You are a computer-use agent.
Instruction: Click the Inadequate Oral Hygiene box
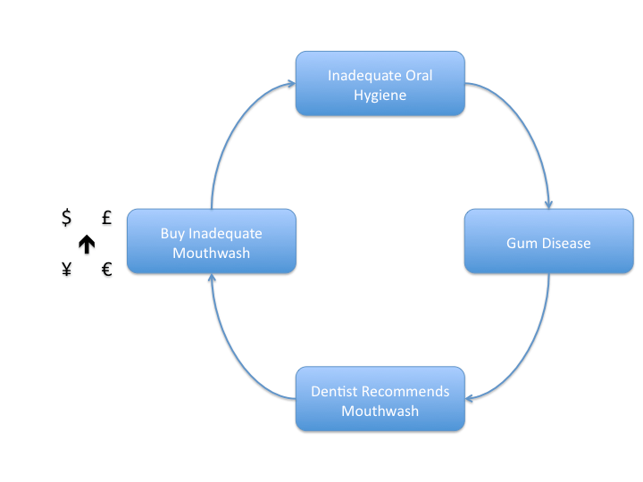380,84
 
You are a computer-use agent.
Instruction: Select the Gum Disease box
548,241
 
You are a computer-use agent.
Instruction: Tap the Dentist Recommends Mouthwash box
380,399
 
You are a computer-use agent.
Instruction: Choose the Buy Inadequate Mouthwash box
211,241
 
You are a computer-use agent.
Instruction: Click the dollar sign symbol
67,217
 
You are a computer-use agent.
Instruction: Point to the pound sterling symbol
106,217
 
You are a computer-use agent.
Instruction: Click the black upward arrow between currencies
87,243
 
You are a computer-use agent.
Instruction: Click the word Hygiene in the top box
380,95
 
